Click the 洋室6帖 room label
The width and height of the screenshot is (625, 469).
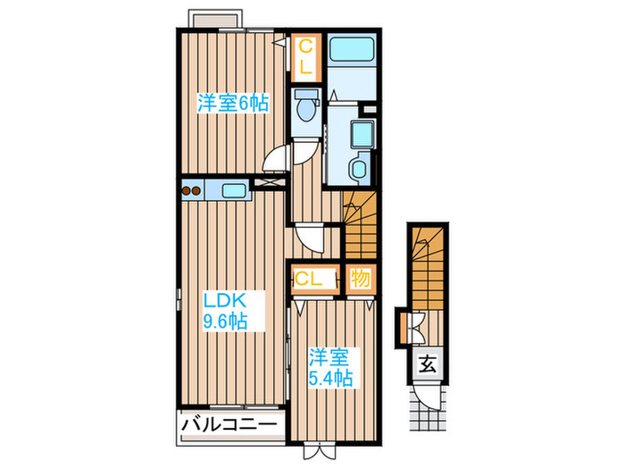coord(231,104)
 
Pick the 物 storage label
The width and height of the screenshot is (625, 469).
coord(360,279)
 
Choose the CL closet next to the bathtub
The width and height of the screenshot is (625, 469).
coord(305,55)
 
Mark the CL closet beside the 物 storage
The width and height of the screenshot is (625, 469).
coord(309,279)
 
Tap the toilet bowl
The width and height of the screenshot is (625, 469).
coord(306,108)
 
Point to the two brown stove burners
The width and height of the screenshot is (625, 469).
coord(193,188)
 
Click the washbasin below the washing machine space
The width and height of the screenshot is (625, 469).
coord(358,170)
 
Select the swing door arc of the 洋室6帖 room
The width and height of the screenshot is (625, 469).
coord(279,161)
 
